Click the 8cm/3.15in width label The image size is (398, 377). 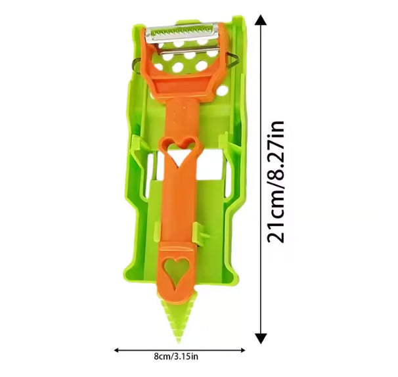pos(176,356)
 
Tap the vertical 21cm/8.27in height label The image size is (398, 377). pos(275,182)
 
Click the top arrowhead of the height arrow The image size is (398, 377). pos(261,20)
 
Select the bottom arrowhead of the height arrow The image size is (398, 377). pos(261,339)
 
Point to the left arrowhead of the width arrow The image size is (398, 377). pos(116,350)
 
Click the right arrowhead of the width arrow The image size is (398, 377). pos(242,350)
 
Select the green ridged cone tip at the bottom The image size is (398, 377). pos(178,316)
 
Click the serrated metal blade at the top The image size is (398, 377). pos(182,33)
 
